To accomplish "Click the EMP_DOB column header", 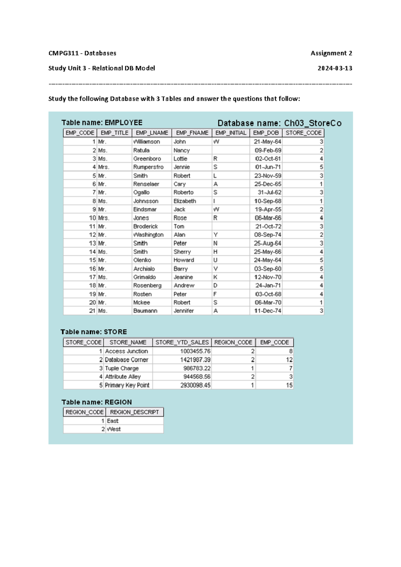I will (266, 133).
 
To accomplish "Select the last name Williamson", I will (147, 142).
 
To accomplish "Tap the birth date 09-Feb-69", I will (268, 150).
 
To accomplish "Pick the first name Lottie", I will (180, 159).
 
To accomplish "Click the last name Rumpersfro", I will (148, 167).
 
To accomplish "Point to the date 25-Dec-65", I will (268, 184).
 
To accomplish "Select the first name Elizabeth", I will (184, 201).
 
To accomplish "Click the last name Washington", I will (148, 235).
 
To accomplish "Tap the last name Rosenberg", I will (147, 286).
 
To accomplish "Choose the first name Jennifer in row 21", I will (183, 311).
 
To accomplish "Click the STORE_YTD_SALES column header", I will (182, 342).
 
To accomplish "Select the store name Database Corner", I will (126, 360).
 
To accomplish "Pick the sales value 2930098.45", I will (195, 385).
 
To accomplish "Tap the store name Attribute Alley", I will (123, 377).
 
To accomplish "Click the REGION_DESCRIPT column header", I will (134, 412).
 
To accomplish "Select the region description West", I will (114, 429).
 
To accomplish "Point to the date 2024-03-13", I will (335, 68).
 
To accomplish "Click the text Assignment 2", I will (331, 53).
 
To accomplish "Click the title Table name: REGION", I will (97, 402).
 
